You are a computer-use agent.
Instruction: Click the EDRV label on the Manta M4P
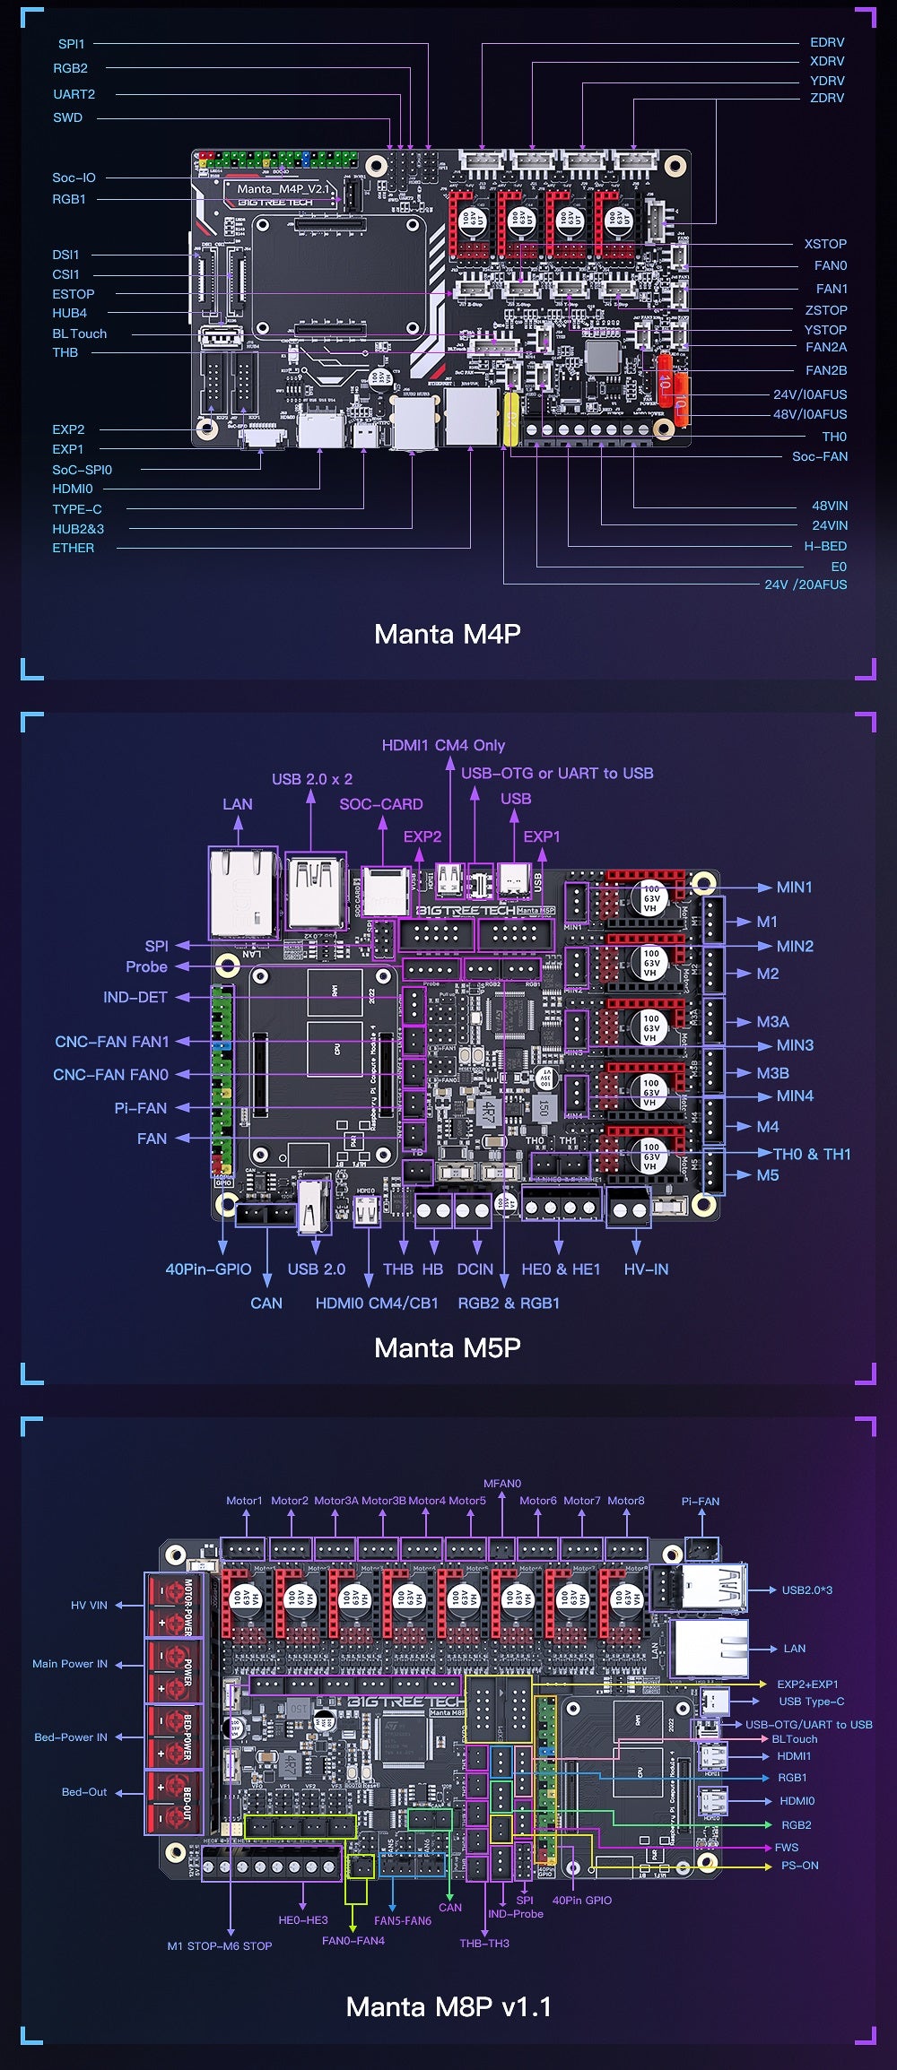click(826, 42)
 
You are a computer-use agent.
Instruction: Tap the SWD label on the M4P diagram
click(67, 117)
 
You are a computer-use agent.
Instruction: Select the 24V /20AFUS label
click(805, 585)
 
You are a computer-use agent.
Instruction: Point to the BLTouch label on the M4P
click(79, 333)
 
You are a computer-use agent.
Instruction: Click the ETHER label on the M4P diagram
click(73, 548)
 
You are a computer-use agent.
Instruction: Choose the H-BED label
click(824, 546)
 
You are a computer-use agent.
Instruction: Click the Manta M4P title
click(447, 634)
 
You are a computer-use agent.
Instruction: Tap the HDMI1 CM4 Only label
click(443, 745)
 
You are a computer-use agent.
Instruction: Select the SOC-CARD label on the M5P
click(380, 804)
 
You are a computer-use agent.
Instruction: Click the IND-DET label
click(135, 997)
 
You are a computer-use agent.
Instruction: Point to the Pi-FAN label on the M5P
click(140, 1108)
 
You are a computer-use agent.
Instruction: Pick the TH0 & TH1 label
click(811, 1154)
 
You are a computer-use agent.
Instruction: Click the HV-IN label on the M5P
click(646, 1269)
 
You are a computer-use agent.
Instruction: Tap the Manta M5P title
click(447, 1347)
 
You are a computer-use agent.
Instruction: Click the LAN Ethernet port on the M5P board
click(243, 892)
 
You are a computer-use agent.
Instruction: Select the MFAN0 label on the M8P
click(501, 1484)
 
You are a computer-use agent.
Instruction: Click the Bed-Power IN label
click(71, 1737)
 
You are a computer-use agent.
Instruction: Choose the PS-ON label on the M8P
click(799, 1866)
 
